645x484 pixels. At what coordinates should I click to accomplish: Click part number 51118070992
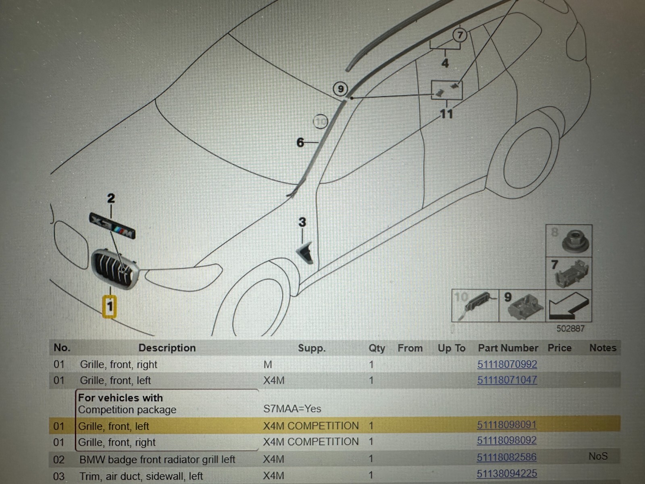[507, 365]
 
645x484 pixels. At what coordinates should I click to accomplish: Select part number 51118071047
[507, 380]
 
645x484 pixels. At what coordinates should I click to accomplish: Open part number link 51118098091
[507, 425]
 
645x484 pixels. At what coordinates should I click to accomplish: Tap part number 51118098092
[507, 441]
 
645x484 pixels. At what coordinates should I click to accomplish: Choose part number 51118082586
[507, 457]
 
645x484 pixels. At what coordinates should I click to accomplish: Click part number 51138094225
[507, 474]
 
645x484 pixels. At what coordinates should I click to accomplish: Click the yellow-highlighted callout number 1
[110, 306]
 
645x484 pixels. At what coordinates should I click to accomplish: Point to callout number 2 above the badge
[111, 198]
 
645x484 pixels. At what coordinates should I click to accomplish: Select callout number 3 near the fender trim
[302, 222]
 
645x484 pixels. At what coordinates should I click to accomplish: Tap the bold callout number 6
[300, 142]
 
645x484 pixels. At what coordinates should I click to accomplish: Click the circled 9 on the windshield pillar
[341, 89]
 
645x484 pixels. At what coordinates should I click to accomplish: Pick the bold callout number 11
[446, 114]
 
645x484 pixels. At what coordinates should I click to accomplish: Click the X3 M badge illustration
[112, 226]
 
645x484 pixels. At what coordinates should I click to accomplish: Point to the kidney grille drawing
[115, 268]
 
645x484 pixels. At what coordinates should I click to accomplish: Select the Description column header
[167, 348]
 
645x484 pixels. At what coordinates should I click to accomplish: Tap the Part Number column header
[508, 348]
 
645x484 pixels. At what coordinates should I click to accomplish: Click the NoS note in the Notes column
[598, 457]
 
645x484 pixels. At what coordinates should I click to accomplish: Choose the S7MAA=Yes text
[292, 409]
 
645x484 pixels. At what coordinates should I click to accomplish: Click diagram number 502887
[570, 329]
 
